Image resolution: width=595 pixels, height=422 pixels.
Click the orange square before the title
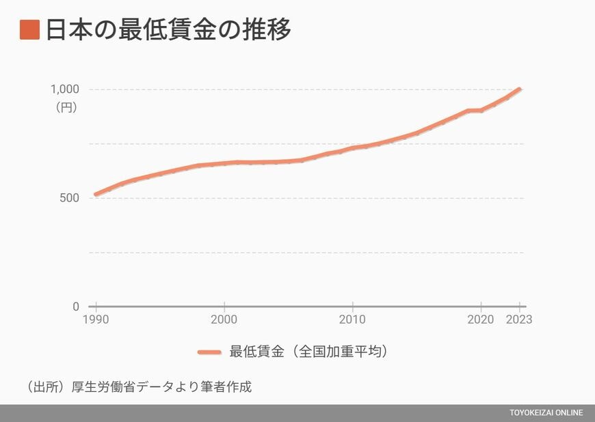pyautogui.click(x=29, y=30)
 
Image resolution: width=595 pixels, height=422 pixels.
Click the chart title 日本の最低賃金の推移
pyautogui.click(x=168, y=30)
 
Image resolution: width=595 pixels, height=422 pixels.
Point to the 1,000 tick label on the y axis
pyautogui.click(x=65, y=89)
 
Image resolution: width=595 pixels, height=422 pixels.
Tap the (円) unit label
pyautogui.click(x=66, y=107)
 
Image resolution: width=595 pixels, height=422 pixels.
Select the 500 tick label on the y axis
pyautogui.click(x=70, y=198)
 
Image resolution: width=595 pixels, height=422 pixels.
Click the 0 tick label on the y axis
pyautogui.click(x=76, y=307)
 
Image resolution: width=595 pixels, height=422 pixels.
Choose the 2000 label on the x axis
pyautogui.click(x=224, y=320)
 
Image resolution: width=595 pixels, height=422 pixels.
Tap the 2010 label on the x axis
pyautogui.click(x=352, y=320)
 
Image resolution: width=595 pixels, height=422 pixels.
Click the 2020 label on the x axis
pyautogui.click(x=481, y=320)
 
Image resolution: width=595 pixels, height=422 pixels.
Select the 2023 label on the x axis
pyautogui.click(x=520, y=320)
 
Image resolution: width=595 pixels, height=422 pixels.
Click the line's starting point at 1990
pyautogui.click(x=95, y=195)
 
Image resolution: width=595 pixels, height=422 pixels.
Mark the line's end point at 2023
pyautogui.click(x=520, y=89)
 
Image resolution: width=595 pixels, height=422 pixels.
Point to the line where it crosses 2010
pyautogui.click(x=352, y=148)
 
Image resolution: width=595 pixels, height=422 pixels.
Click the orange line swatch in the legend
pyautogui.click(x=209, y=352)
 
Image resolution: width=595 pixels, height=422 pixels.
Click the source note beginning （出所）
pyautogui.click(x=139, y=387)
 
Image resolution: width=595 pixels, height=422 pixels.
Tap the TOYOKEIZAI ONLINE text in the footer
pyautogui.click(x=546, y=413)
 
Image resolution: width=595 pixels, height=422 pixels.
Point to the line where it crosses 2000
pyautogui.click(x=224, y=164)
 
